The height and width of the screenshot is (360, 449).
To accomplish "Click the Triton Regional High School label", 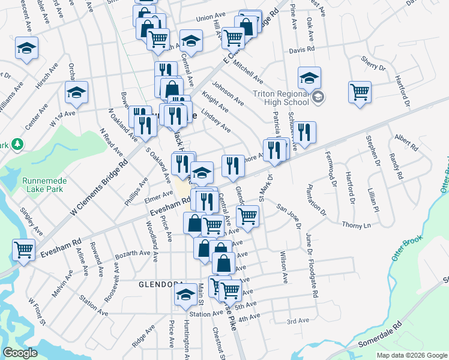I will [280, 98].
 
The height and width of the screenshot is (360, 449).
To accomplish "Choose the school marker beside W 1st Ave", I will [76, 92].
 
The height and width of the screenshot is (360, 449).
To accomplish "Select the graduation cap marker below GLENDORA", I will [185, 294].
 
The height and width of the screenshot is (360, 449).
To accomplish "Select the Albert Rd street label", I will [406, 141].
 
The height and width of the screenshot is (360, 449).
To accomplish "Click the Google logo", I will [20, 353].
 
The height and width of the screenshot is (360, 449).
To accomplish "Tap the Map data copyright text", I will [412, 355].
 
